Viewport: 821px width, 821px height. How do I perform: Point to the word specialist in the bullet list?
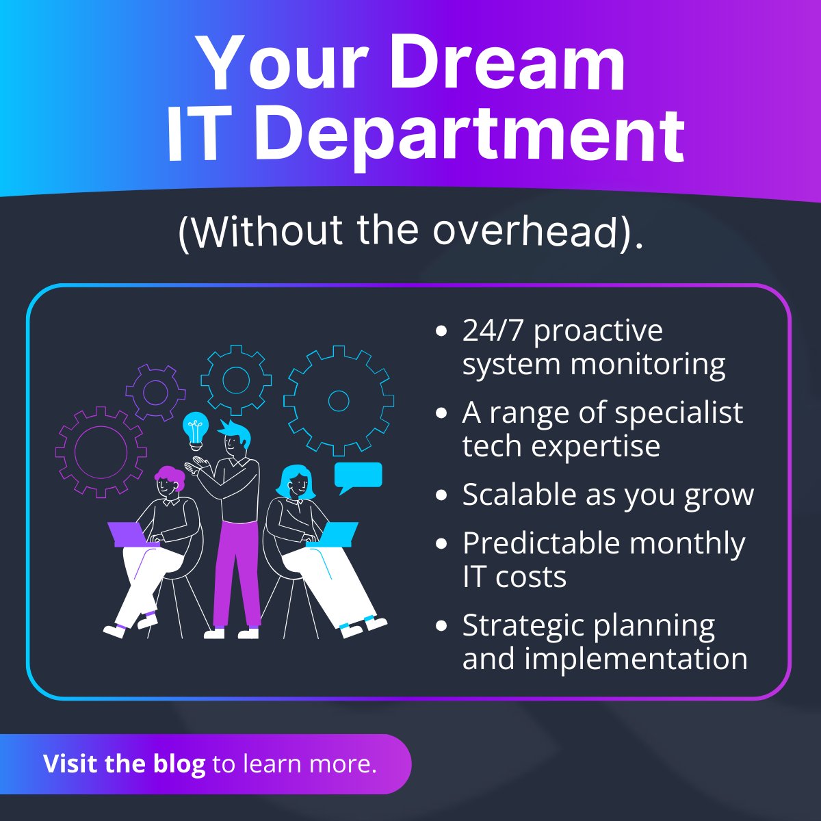tap(679, 413)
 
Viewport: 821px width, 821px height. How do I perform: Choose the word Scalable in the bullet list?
tap(519, 495)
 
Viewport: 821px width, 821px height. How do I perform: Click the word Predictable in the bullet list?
tap(540, 544)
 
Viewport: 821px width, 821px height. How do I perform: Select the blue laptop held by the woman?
tap(337, 534)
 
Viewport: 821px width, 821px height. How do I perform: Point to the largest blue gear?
tap(339, 400)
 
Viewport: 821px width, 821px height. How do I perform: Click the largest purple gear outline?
tap(101, 451)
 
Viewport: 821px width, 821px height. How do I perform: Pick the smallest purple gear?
tap(155, 392)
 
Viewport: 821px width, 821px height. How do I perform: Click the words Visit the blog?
tap(124, 764)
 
